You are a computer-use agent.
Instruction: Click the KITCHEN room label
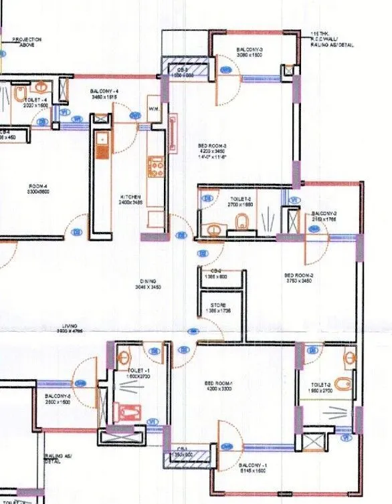(131, 199)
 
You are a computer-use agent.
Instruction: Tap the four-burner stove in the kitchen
(156, 165)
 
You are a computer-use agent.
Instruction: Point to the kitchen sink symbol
(102, 142)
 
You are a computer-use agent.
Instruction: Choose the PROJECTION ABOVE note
(27, 42)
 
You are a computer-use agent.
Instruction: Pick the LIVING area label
(69, 328)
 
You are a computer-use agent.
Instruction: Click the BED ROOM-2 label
(298, 278)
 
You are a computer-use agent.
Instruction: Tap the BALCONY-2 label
(324, 217)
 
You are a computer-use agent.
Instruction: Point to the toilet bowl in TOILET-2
(342, 384)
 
